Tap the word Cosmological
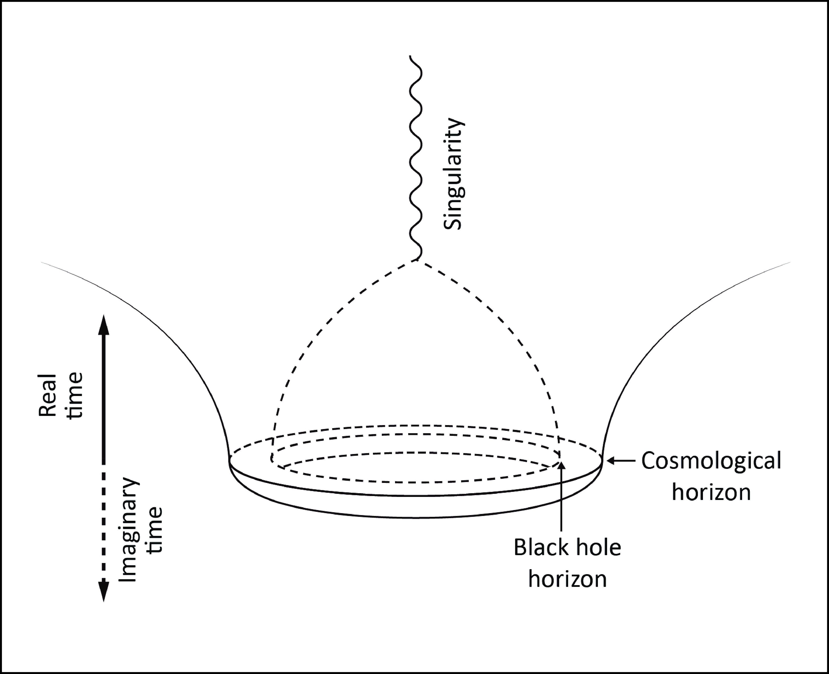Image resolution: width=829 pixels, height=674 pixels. click(711, 461)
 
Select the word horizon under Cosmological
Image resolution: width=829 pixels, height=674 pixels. click(711, 492)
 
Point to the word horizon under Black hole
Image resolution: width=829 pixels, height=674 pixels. click(567, 579)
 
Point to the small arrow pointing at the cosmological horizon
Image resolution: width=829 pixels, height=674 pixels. click(621, 461)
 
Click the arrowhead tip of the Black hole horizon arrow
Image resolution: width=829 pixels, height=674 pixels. click(562, 463)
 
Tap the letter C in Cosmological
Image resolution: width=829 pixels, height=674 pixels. click(649, 461)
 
